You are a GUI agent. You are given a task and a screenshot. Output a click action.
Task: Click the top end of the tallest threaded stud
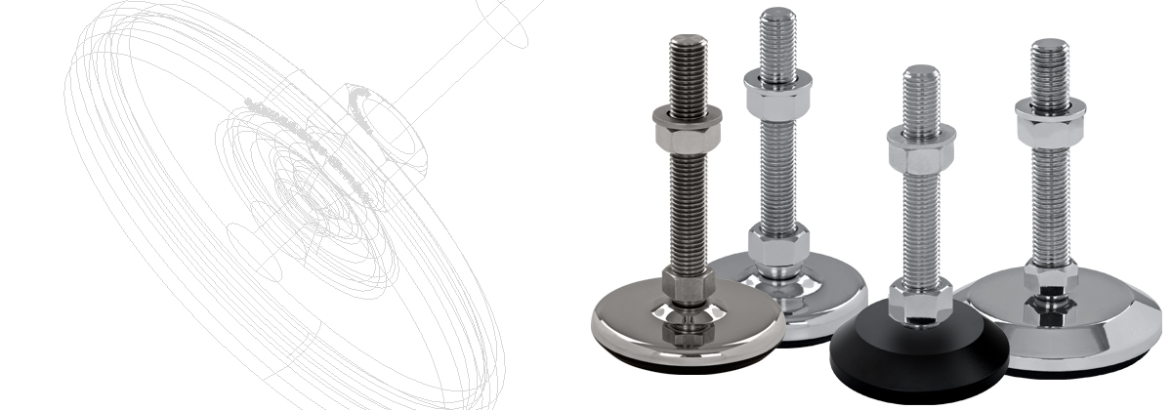[x=777, y=14]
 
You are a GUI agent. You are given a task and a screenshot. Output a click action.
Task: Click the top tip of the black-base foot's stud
[x=921, y=70]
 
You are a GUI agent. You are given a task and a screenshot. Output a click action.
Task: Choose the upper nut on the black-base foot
[x=921, y=147]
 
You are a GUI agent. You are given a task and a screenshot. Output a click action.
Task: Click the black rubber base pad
[x=879, y=366]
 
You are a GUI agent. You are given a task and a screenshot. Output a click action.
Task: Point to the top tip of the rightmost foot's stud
[x=1051, y=43]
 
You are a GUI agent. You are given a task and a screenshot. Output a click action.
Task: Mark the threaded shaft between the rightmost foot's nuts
[x=1051, y=195]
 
